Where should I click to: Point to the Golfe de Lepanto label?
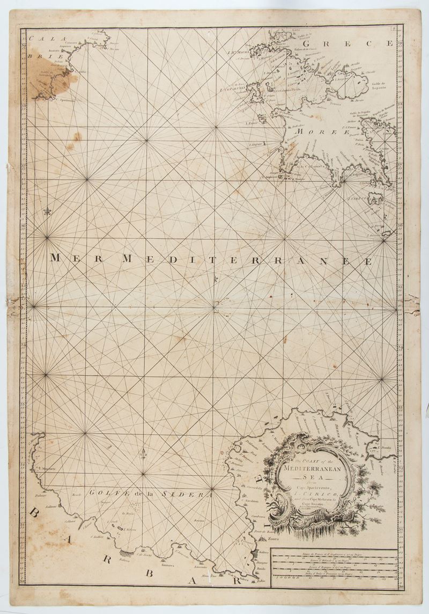(382, 85)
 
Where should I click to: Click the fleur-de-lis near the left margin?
(48, 211)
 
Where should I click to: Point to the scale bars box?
(334, 567)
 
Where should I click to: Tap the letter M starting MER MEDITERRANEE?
(56, 258)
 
